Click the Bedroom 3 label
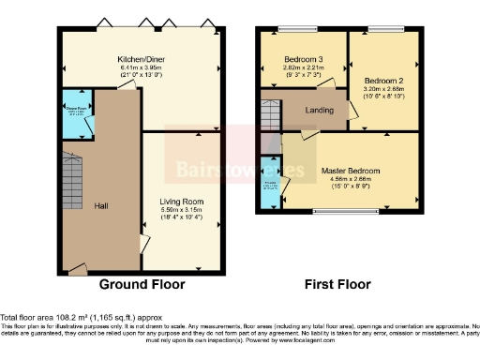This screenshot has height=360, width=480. click(302, 59)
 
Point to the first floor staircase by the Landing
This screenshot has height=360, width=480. click(270, 116)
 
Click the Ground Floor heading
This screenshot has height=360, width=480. click(142, 284)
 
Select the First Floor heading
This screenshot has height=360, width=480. click(337, 284)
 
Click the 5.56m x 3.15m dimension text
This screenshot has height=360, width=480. click(182, 210)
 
